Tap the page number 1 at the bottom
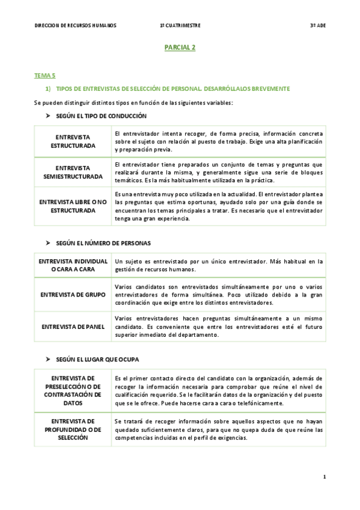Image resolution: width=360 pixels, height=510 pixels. point(324,477)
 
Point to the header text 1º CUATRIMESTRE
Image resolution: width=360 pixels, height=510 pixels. point(180,26)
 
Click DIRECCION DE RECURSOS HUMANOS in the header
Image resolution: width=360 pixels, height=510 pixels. point(76,26)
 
